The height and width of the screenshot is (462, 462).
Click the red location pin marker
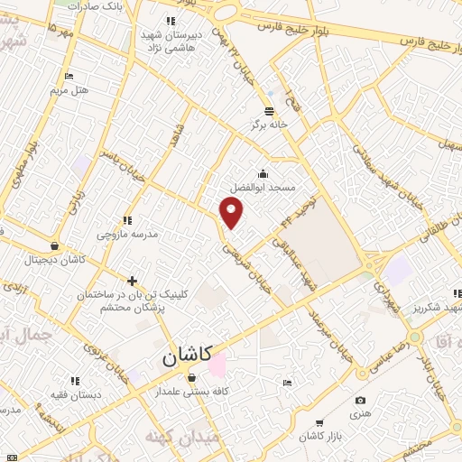click(232, 213)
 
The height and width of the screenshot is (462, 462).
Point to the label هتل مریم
click(69, 91)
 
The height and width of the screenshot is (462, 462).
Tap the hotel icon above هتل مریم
click(69, 77)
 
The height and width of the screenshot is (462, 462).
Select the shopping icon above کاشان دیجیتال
click(56, 245)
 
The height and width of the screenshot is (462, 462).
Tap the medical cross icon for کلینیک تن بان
click(132, 281)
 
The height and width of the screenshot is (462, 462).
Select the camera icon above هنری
click(361, 400)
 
